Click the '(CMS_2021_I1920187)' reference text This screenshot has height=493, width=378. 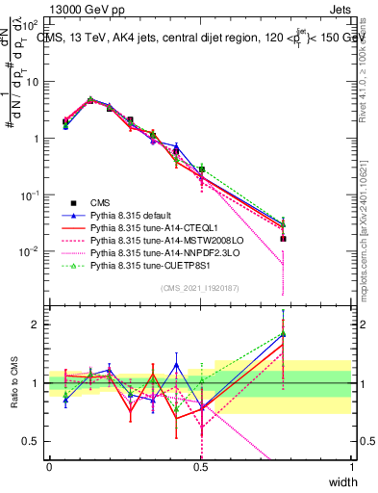click(200, 287)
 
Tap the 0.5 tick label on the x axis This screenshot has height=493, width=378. click(201, 466)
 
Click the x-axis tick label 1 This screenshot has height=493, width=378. click(352, 466)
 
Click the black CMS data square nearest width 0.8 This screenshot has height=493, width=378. click(283, 239)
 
